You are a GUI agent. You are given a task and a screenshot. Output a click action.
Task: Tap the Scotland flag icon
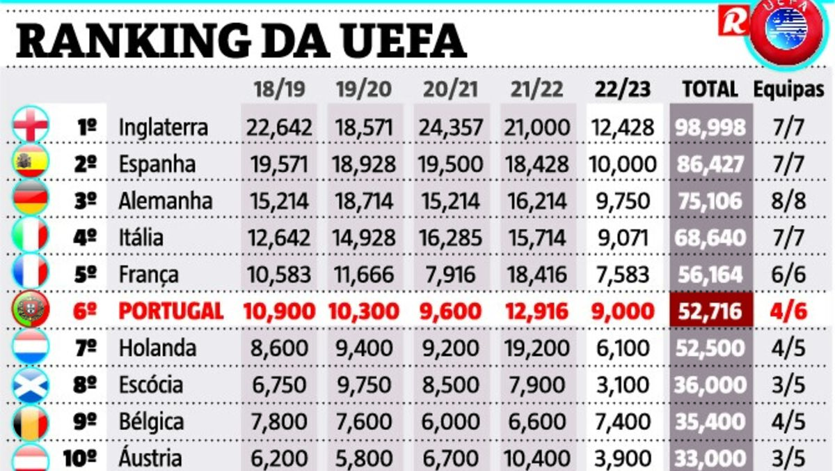[31, 385]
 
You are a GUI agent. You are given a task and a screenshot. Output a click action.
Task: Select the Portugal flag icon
[31, 311]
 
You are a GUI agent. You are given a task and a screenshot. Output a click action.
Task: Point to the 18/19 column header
[279, 89]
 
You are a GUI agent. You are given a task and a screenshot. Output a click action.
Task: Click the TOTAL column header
[710, 89]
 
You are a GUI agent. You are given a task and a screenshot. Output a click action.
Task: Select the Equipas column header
[789, 89]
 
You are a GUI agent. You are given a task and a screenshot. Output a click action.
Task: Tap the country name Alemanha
[165, 201]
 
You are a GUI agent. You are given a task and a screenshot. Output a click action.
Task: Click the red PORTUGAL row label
[171, 311]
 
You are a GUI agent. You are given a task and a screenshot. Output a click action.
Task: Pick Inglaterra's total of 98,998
[710, 128]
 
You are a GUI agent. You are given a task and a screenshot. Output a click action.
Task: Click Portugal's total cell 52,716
[710, 311]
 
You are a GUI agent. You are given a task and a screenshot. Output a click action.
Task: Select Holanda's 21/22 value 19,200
[536, 348]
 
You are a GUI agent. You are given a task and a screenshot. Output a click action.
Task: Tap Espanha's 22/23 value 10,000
[623, 164]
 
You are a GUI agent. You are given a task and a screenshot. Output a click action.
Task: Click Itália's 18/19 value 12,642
[278, 238]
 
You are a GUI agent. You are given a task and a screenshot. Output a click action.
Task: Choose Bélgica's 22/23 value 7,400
[623, 422]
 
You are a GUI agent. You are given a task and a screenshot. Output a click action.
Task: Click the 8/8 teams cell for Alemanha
[789, 201]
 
